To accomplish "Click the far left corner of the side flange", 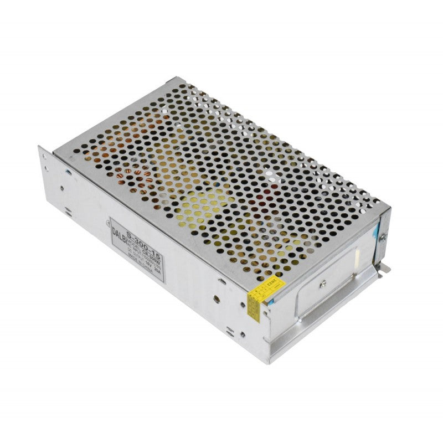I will pos(40,148).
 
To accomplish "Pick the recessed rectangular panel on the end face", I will pos(327,288).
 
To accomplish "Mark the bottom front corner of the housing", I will pos(270,362).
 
